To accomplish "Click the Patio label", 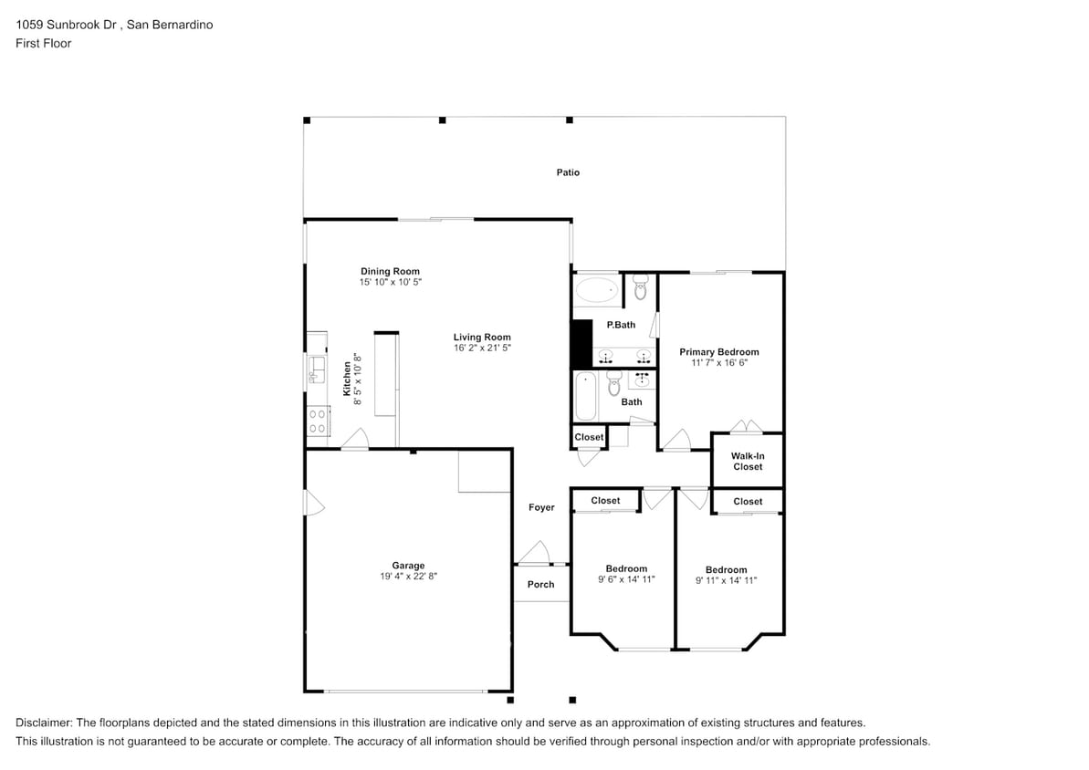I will [568, 172].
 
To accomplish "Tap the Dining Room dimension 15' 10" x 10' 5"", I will [390, 283].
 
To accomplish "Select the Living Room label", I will [482, 337].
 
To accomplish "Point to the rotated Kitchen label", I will [347, 379].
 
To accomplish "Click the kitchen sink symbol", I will [316, 367].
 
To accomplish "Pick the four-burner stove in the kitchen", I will [317, 421].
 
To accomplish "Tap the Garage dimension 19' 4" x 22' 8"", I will [408, 577].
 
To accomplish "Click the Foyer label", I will [541, 507].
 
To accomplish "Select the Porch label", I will [540, 584].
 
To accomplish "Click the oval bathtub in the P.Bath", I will [597, 291].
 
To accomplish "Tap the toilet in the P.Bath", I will [641, 288].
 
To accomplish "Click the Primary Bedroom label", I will [718, 351].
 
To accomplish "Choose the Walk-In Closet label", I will [747, 461].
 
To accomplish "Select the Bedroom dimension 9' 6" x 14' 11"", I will [626, 579].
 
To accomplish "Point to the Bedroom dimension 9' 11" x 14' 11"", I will [726, 580].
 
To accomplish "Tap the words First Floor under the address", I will [43, 43].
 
